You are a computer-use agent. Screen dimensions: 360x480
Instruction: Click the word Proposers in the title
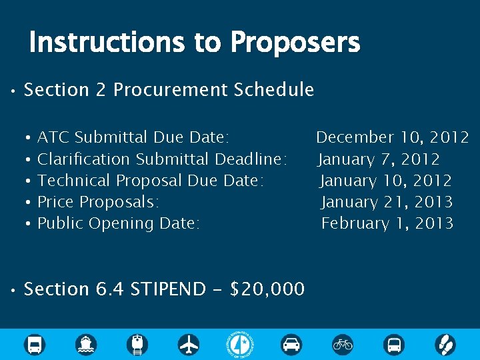(x=295, y=43)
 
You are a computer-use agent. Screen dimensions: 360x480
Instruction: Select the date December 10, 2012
(x=392, y=137)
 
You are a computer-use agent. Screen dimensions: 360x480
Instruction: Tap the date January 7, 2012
(x=379, y=159)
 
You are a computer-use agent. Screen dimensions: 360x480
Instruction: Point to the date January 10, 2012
(x=386, y=181)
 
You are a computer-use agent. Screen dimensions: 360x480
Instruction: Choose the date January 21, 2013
(x=387, y=202)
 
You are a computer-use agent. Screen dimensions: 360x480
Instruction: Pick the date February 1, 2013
(x=387, y=223)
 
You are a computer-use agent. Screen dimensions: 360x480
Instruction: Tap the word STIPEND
(x=168, y=289)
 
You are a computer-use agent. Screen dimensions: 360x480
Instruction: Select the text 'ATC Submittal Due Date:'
(x=133, y=137)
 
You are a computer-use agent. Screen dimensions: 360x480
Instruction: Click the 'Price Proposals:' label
(x=98, y=202)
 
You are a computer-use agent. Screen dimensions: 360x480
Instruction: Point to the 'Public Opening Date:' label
(x=118, y=223)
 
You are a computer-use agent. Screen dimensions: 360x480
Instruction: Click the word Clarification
(x=84, y=159)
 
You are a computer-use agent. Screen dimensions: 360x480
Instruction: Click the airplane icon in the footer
(x=189, y=345)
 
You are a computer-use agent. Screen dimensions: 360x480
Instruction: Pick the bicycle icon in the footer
(x=343, y=345)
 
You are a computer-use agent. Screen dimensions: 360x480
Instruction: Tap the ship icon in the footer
(x=87, y=345)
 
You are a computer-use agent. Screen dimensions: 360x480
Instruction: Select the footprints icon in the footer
(x=445, y=345)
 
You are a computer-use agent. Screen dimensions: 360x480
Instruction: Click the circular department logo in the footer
(x=240, y=344)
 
